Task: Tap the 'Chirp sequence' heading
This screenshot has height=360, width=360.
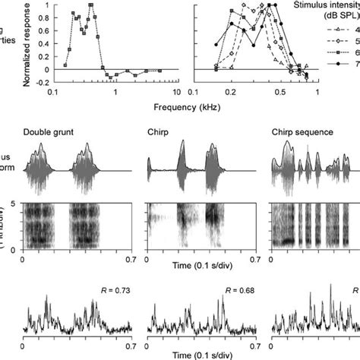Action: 302,132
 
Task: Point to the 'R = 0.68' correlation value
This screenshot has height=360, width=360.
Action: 237,289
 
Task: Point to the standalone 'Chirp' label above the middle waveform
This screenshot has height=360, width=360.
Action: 158,132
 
